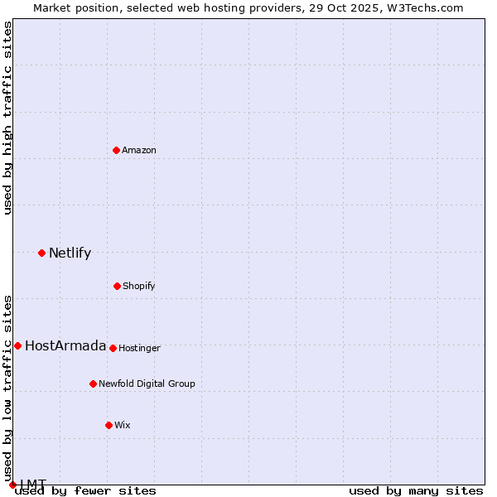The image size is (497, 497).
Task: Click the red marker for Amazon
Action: coord(116,150)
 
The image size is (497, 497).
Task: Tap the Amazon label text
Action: coord(139,151)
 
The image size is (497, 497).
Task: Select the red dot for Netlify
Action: coord(41,253)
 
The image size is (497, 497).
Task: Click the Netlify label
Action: coord(70,253)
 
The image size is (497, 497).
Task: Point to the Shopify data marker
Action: coord(117,286)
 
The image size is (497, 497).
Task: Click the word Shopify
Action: coord(138,287)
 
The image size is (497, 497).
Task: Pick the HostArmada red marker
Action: coord(17,345)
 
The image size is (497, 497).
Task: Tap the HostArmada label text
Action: coord(65,346)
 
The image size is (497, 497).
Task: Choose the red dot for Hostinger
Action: coord(113,348)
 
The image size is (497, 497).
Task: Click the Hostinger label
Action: coord(139,349)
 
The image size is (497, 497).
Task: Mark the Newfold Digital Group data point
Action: coord(93,384)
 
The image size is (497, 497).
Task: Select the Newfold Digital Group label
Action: coord(147,384)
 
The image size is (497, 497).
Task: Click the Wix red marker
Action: coord(109,425)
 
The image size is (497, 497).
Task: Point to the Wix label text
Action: coord(123,426)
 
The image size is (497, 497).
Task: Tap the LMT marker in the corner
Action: coord(12,485)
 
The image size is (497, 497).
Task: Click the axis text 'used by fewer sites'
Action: coord(85,491)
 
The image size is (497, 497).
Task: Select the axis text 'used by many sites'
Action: coord(416,491)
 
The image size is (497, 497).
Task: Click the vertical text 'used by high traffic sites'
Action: coord(8,118)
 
